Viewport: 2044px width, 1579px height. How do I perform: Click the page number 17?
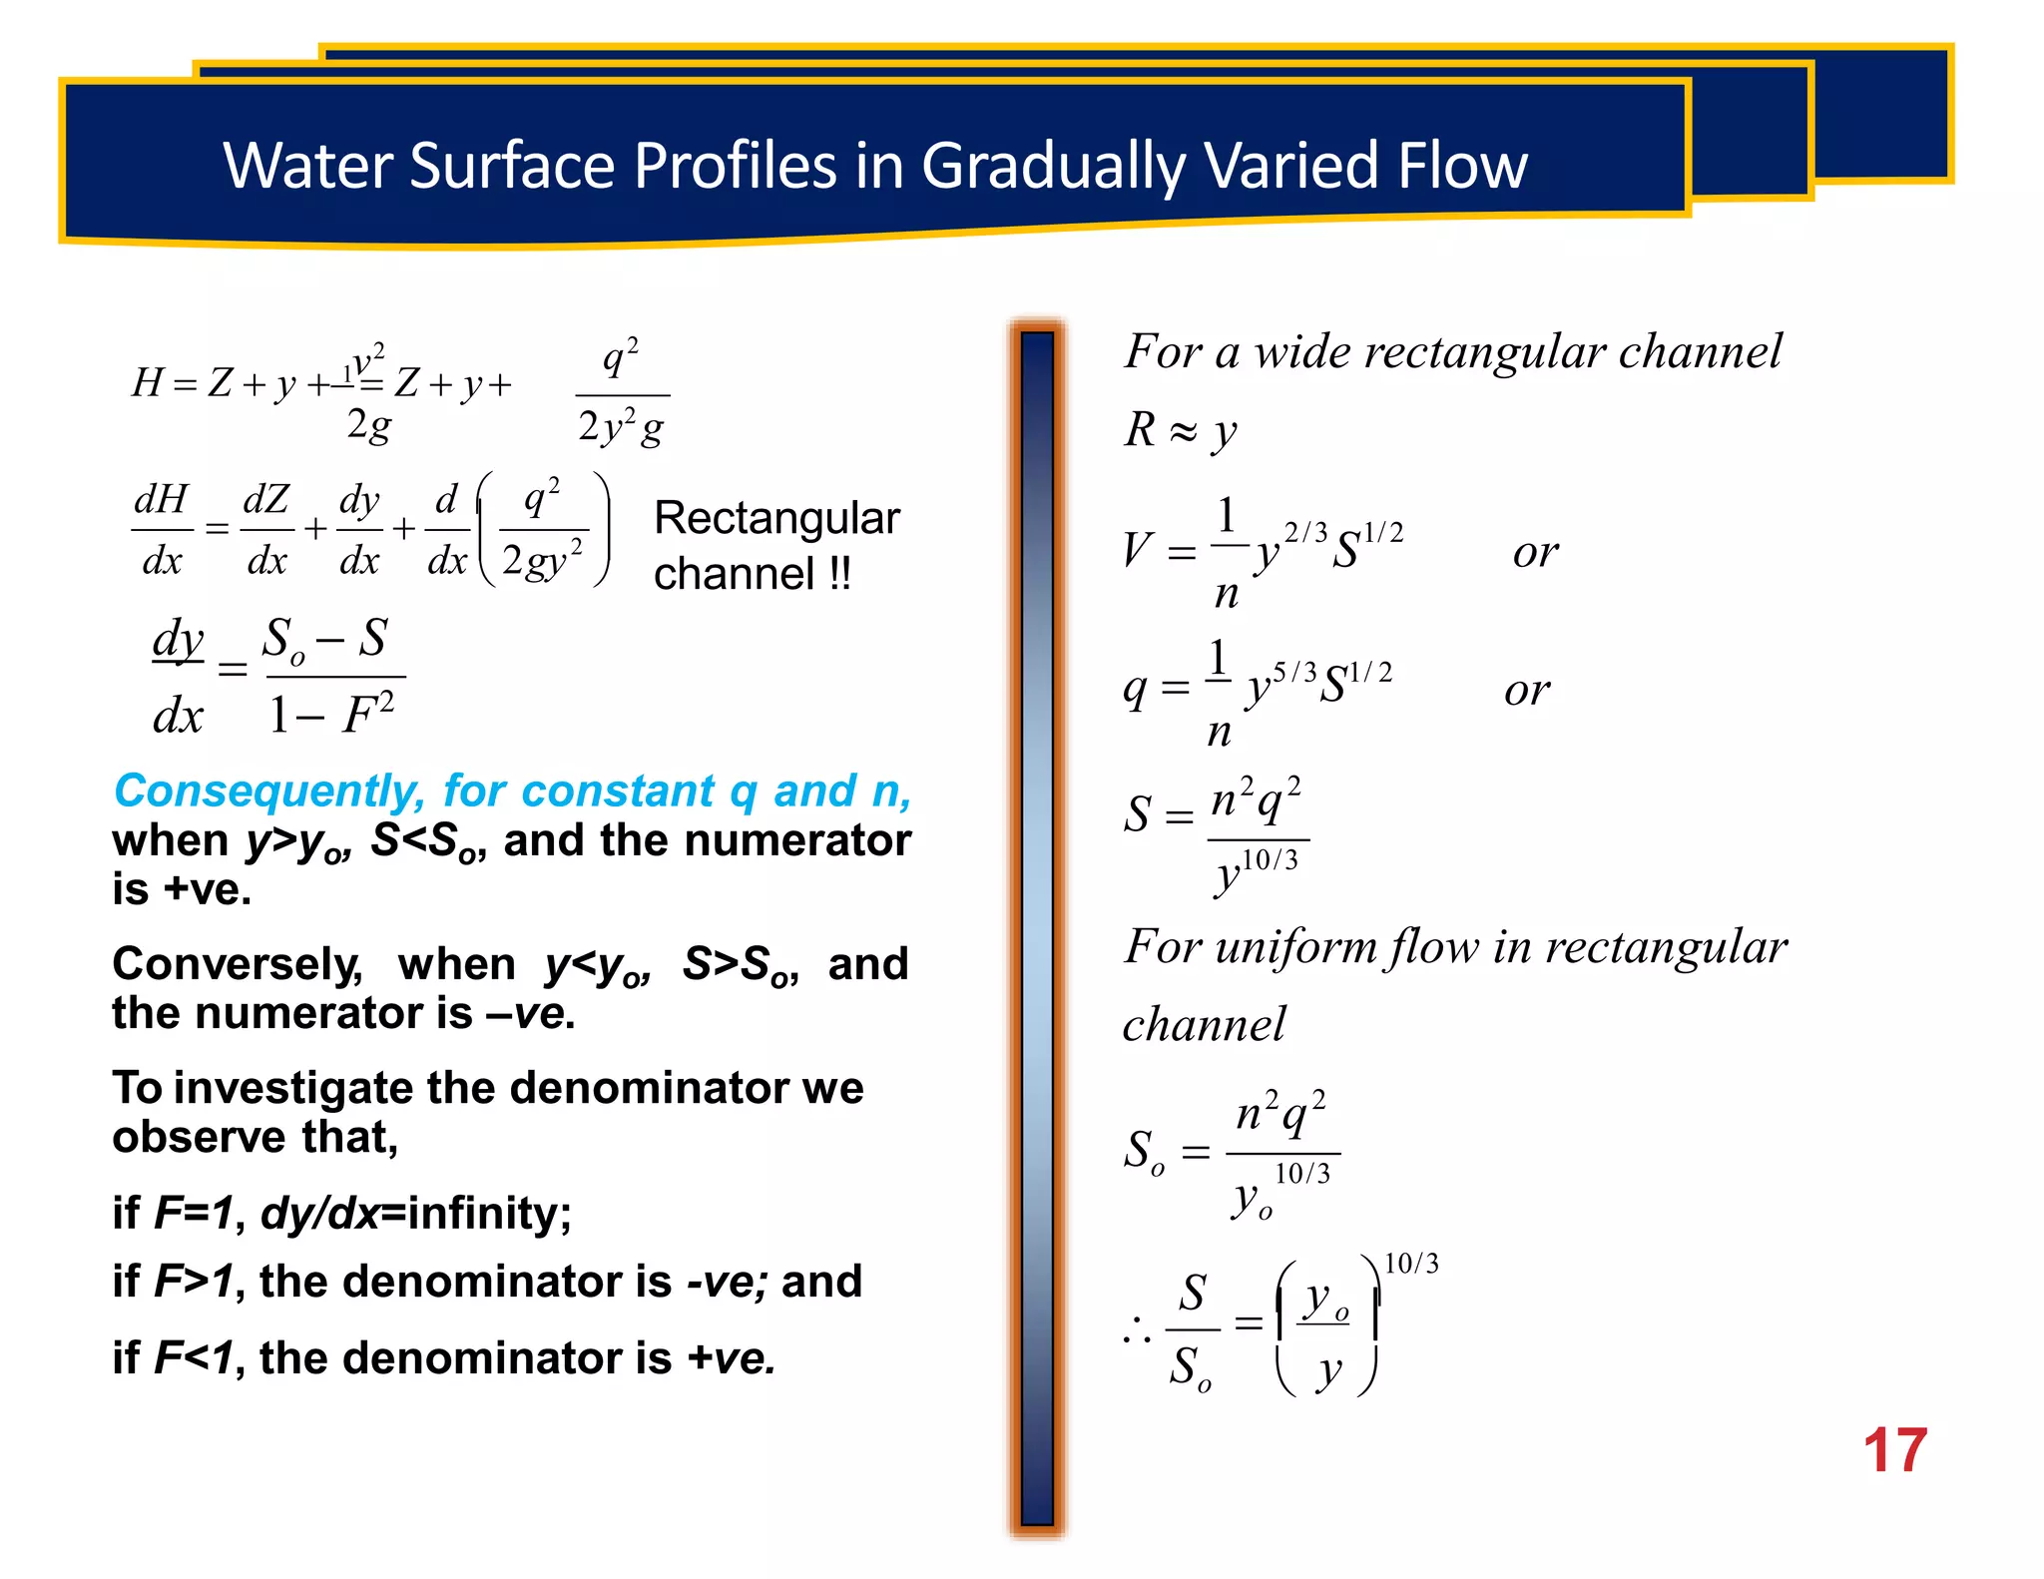(1893, 1450)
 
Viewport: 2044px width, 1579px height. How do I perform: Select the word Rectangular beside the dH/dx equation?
(776, 518)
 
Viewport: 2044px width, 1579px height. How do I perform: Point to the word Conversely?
(237, 964)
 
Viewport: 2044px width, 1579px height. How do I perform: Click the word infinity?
(489, 1214)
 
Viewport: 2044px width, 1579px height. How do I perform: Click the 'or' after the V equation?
(1535, 552)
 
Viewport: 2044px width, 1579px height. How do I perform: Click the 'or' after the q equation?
(1527, 690)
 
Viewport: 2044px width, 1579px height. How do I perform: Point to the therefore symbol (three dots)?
(1137, 1329)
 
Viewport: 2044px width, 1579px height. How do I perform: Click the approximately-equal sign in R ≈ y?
(1183, 431)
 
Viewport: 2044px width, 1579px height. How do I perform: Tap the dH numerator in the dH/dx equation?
(162, 499)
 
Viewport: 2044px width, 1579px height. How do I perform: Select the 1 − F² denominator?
(332, 714)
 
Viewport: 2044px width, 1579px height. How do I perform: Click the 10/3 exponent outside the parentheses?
(1411, 1264)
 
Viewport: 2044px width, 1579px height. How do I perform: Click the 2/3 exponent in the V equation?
(1305, 532)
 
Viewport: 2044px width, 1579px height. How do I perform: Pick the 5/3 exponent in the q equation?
(1294, 672)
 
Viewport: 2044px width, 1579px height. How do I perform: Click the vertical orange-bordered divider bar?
(1037, 928)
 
